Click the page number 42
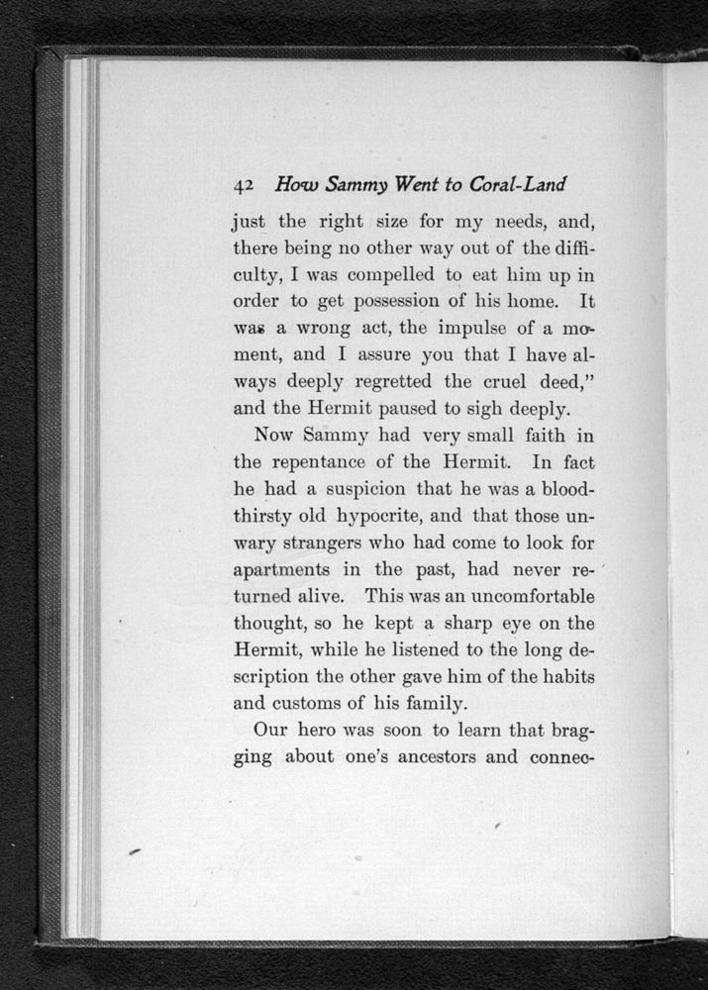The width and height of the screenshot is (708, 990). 245,185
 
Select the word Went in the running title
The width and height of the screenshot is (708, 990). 419,185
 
